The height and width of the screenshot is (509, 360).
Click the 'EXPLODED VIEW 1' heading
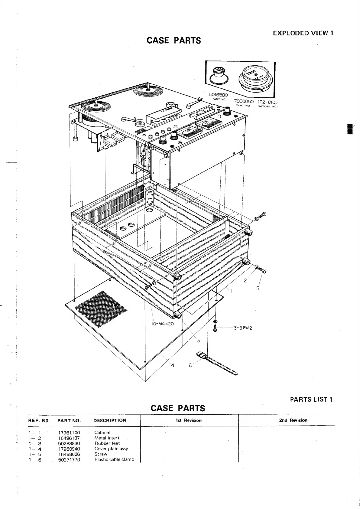303,33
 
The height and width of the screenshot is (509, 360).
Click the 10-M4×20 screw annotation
162,323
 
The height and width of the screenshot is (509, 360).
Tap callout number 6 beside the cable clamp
190,365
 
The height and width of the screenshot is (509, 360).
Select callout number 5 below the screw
258,288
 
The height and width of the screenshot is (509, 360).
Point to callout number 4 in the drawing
173,365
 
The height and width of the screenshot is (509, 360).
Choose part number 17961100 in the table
69,432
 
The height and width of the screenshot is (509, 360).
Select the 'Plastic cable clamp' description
114,460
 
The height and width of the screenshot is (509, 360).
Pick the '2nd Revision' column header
293,420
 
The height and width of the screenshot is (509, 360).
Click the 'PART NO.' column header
69,420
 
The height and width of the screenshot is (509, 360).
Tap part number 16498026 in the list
69,454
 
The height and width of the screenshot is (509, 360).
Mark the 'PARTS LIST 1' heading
311,399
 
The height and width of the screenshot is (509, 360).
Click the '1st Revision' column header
189,420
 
